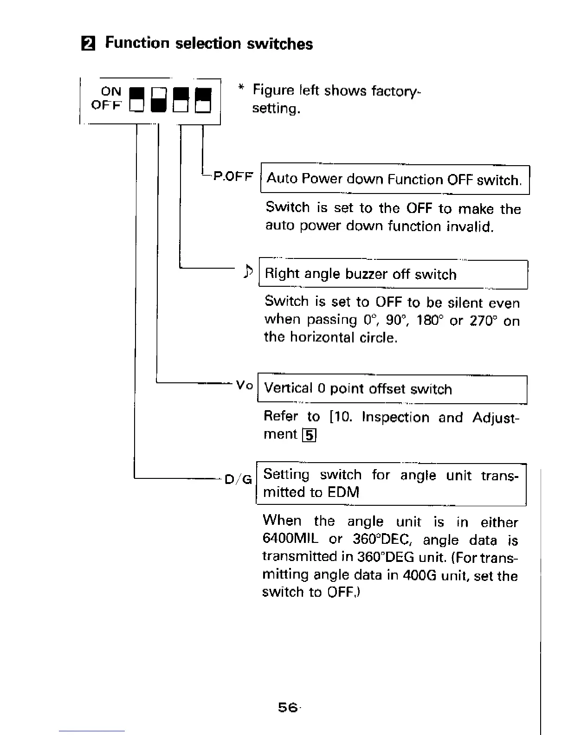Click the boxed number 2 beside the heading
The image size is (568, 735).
tap(87, 44)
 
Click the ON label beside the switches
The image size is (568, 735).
tap(111, 91)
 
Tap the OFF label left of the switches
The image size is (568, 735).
tap(106, 105)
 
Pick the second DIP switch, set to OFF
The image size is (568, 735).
tap(159, 101)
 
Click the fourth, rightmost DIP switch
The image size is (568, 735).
tap(203, 101)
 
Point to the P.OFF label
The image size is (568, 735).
tap(233, 177)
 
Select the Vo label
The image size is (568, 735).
tap(244, 385)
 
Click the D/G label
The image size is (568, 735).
tap(238, 479)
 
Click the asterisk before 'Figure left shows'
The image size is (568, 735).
tap(240, 87)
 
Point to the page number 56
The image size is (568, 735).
tap(287, 707)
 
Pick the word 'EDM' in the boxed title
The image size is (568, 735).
tap(343, 492)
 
